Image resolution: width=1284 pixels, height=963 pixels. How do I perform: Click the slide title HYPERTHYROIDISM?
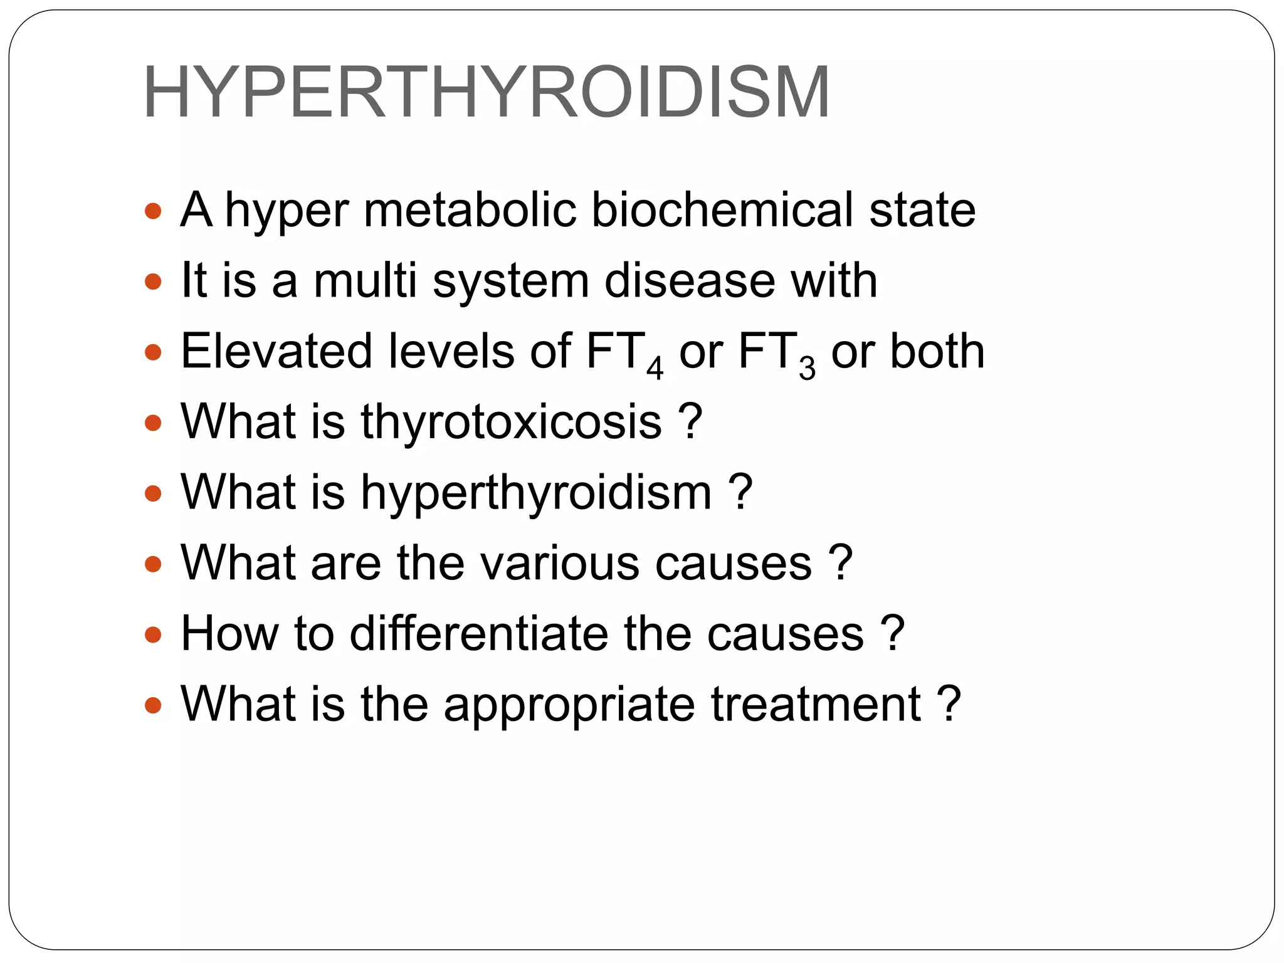click(x=487, y=93)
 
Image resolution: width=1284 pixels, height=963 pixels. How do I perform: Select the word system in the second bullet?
click(x=510, y=281)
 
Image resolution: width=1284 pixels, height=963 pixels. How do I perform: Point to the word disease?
click(x=690, y=281)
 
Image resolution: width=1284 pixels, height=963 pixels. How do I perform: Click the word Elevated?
click(x=276, y=351)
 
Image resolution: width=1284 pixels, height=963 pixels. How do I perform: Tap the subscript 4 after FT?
click(x=655, y=369)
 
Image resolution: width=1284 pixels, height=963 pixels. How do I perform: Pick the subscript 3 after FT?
click(x=807, y=369)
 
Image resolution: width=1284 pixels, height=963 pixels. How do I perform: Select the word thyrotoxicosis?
click(x=511, y=422)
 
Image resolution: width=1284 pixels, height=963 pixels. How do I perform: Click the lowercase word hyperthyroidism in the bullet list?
click(x=536, y=493)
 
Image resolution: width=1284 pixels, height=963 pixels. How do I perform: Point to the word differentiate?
click(x=478, y=634)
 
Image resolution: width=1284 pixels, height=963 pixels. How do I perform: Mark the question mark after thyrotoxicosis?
click(x=690, y=422)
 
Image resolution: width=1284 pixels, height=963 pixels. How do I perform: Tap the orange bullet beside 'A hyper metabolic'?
click(x=153, y=211)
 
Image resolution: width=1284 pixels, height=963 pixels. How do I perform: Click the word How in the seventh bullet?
click(x=229, y=634)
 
